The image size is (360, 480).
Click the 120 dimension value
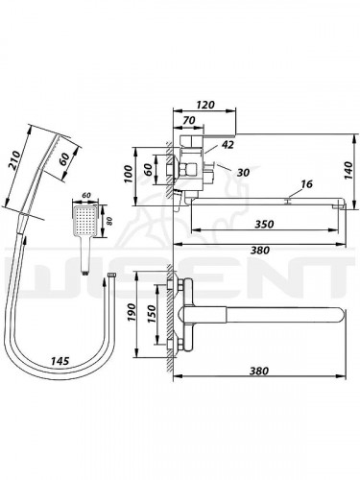click(x=205, y=105)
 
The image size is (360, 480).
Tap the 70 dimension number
click(x=189, y=120)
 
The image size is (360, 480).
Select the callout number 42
click(x=228, y=145)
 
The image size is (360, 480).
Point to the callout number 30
click(x=243, y=173)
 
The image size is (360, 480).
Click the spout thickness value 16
click(x=306, y=184)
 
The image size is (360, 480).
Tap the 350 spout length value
click(x=264, y=225)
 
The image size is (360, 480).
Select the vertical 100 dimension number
click(x=129, y=174)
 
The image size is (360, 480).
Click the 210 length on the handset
click(x=14, y=160)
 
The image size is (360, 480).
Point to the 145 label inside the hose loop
click(x=60, y=361)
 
